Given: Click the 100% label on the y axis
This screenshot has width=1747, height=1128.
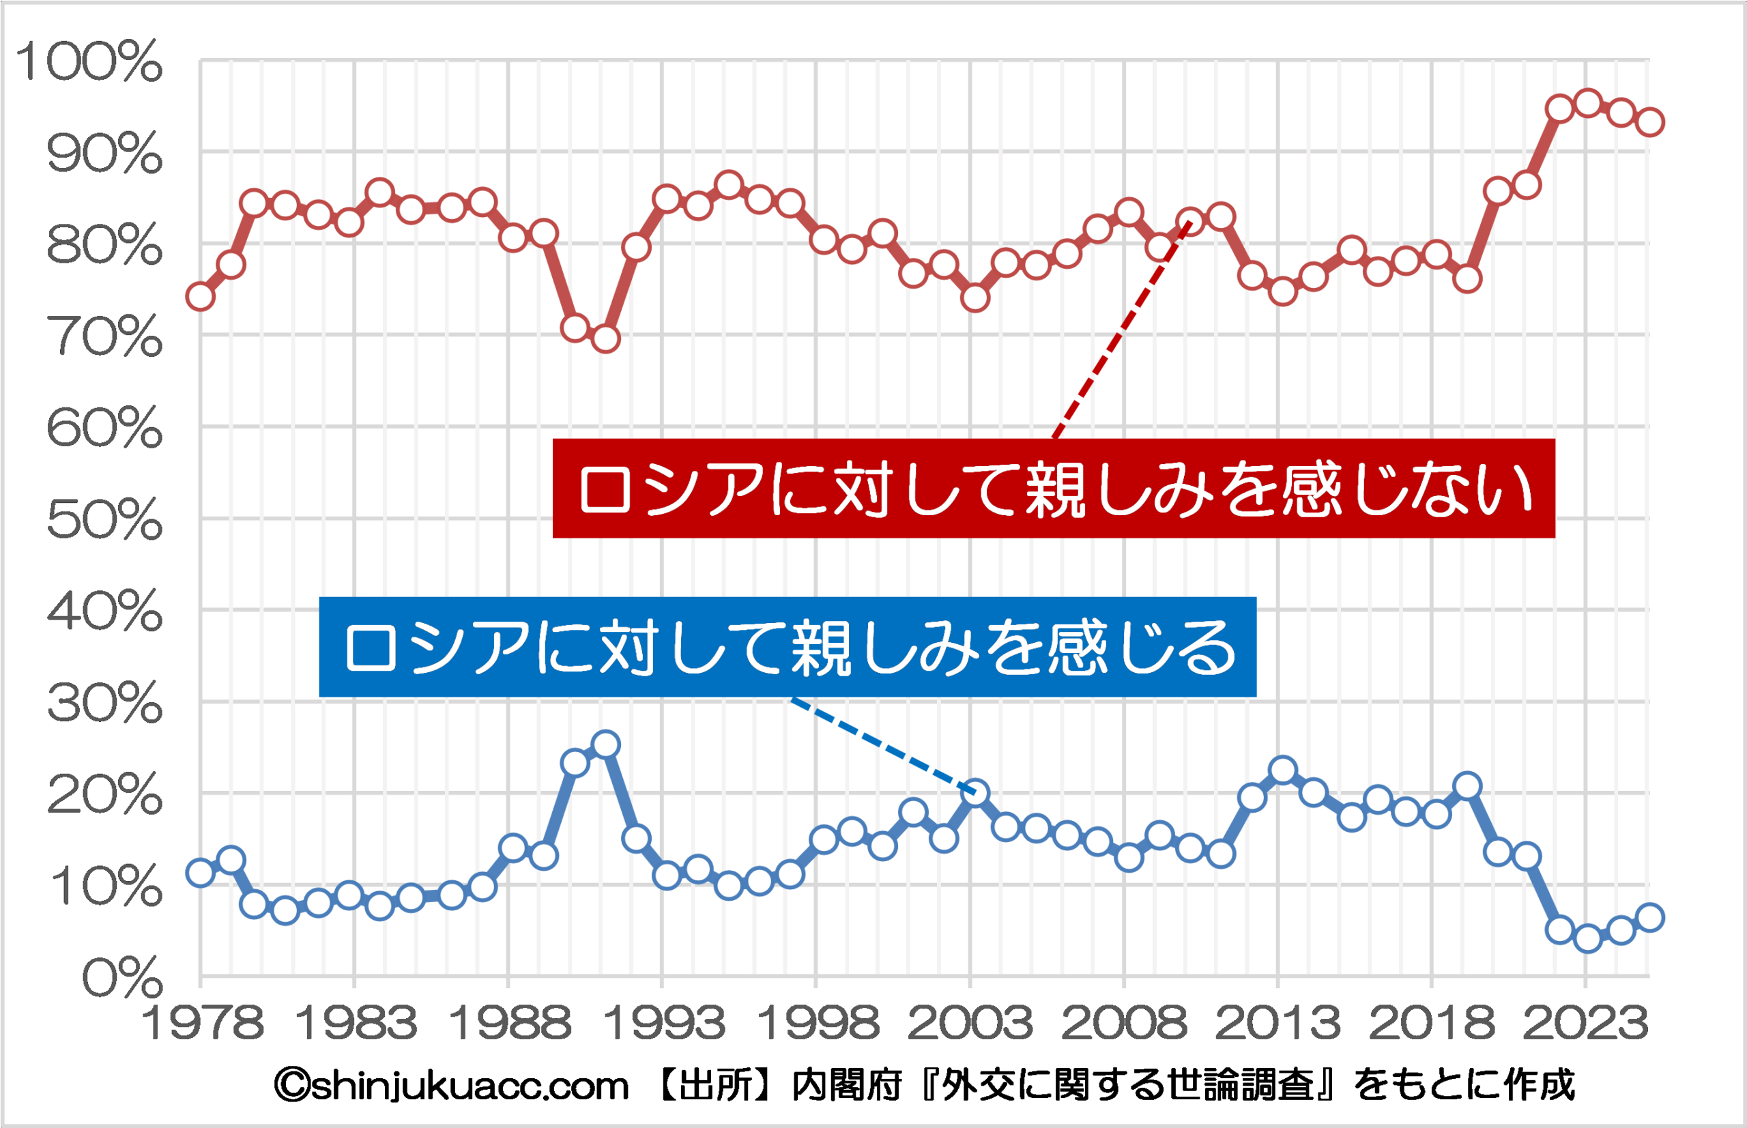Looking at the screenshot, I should [89, 61].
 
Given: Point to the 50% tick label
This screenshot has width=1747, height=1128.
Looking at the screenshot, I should [104, 521].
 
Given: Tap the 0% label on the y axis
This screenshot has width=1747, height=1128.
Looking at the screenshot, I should [121, 979].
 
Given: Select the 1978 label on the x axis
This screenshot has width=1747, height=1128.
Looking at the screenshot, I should [202, 1024].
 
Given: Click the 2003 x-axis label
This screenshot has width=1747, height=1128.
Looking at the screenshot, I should [970, 1024].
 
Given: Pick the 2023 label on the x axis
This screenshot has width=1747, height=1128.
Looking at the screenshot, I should [1586, 1024].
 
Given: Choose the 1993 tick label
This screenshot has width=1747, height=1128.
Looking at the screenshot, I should [663, 1024].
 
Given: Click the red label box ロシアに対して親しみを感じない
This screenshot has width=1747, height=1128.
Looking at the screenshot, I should [1054, 489].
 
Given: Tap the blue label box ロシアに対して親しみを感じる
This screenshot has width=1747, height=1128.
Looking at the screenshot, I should [788, 647].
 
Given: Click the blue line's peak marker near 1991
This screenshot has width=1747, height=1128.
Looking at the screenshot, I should [606, 744].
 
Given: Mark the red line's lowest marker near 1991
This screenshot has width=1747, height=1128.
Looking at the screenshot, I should [606, 338].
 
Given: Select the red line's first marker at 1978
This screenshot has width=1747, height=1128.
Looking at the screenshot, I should [200, 297].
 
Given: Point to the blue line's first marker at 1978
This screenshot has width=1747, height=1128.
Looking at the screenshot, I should [200, 872].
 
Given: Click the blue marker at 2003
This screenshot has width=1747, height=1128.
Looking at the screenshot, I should [975, 792].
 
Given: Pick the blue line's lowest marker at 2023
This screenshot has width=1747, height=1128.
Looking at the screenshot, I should [1587, 938].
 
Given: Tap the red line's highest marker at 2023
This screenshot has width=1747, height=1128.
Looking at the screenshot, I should [1587, 103].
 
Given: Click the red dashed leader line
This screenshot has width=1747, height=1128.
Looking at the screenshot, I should [1121, 330].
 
